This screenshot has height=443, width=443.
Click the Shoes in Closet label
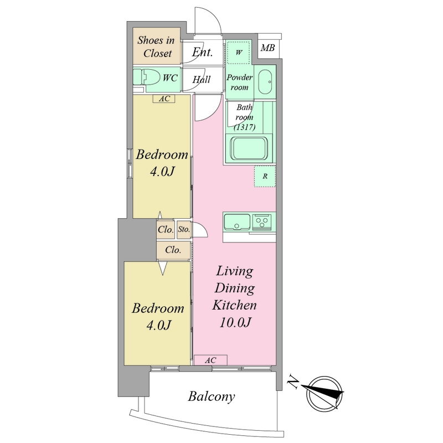156,47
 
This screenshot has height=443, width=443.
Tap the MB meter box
268,48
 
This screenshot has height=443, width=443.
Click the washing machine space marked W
239,53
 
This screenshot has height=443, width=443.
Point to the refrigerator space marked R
265,176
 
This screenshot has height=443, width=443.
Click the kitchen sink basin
237,222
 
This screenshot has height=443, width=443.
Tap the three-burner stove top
262,221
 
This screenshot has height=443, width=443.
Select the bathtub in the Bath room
249,149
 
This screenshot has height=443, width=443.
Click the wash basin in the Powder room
266,81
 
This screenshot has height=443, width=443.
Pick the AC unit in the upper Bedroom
164,99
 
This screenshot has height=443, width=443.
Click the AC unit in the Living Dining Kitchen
211,360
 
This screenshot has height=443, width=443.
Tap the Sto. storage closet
184,229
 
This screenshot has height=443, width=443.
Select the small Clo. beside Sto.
166,229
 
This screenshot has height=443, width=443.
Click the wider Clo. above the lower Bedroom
173,250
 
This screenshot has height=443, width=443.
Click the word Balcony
212,396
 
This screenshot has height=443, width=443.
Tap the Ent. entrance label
202,52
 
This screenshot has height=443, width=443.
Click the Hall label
202,79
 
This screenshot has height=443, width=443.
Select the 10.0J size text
235,323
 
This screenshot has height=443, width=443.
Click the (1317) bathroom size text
245,127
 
